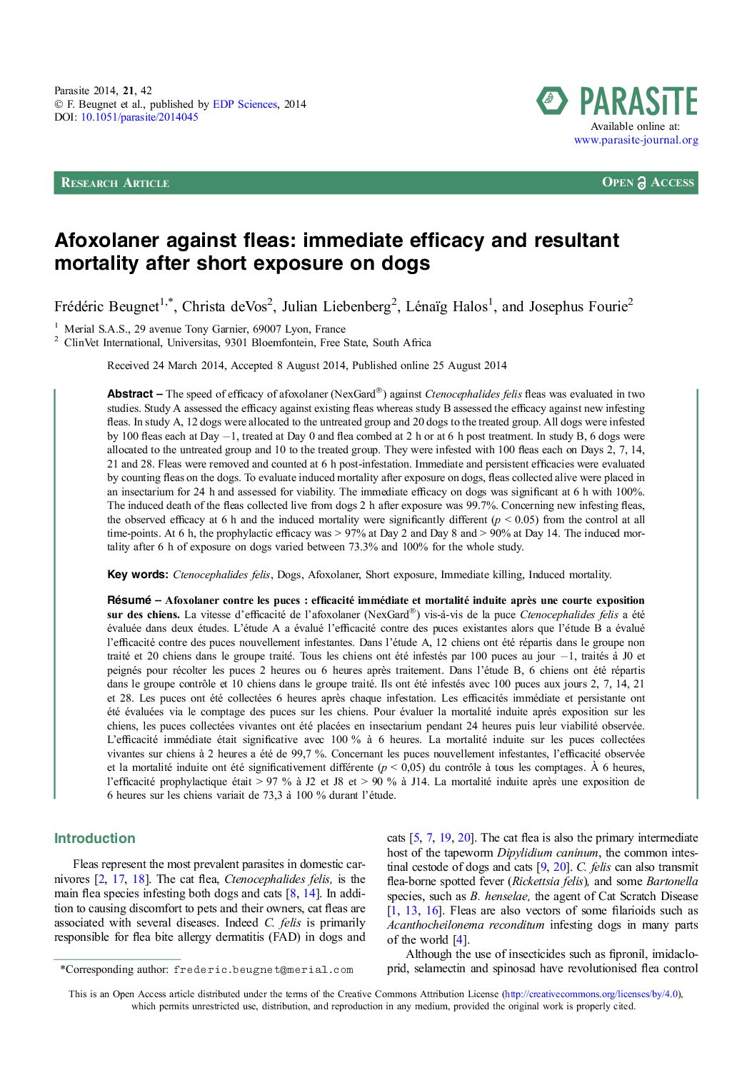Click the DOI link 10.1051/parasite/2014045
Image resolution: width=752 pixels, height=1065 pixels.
pos(139,117)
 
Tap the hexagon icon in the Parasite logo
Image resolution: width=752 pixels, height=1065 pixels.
pos(552,101)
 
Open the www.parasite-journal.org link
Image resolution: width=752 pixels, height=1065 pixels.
pos(636,140)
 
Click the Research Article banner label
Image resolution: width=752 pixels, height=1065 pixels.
pos(115,183)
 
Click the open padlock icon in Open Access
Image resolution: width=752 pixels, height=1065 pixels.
pos(641,183)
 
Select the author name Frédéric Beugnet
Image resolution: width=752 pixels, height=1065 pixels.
pos(106,307)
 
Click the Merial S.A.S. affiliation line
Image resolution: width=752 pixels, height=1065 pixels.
pos(204,329)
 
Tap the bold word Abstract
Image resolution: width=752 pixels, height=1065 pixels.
pos(130,394)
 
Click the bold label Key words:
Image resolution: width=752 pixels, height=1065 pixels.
pos(138,575)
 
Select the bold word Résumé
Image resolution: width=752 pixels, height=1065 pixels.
pos(129,600)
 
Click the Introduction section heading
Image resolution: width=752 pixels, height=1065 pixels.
pos(94,839)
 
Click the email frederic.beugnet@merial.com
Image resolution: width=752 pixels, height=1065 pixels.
pos(263,970)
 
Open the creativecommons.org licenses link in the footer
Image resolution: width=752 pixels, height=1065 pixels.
pos(592,994)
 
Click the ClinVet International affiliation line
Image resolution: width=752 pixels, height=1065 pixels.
pos(247,343)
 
